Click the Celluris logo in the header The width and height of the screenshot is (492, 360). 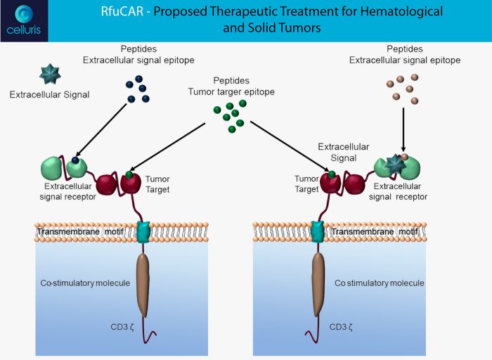click(x=24, y=20)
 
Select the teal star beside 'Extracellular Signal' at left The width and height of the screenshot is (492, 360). click(x=50, y=74)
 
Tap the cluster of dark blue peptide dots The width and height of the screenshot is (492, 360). click(x=137, y=88)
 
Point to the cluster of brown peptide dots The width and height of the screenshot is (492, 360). click(x=403, y=88)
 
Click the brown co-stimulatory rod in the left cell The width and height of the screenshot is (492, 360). click(x=143, y=284)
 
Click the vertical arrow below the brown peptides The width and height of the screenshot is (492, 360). click(x=403, y=130)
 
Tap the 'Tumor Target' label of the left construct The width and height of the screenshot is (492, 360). click(x=157, y=184)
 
